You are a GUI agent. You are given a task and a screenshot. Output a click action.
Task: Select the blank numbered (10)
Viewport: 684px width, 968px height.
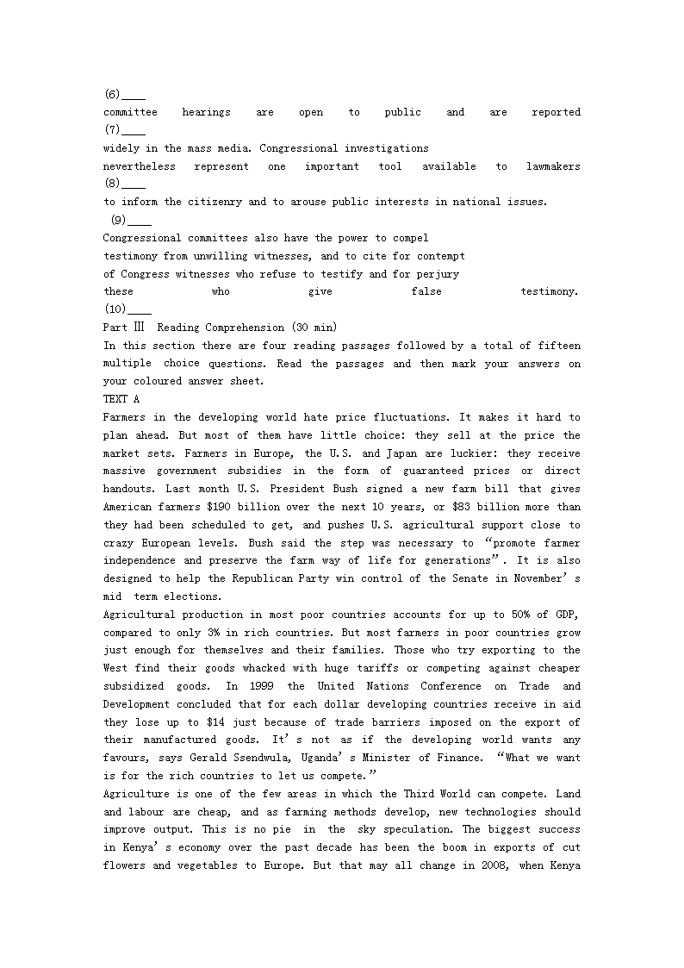point(139,309)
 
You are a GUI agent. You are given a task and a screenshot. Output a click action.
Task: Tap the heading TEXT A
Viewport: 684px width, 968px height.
point(121,399)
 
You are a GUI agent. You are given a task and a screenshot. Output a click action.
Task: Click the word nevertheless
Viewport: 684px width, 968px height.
point(139,166)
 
